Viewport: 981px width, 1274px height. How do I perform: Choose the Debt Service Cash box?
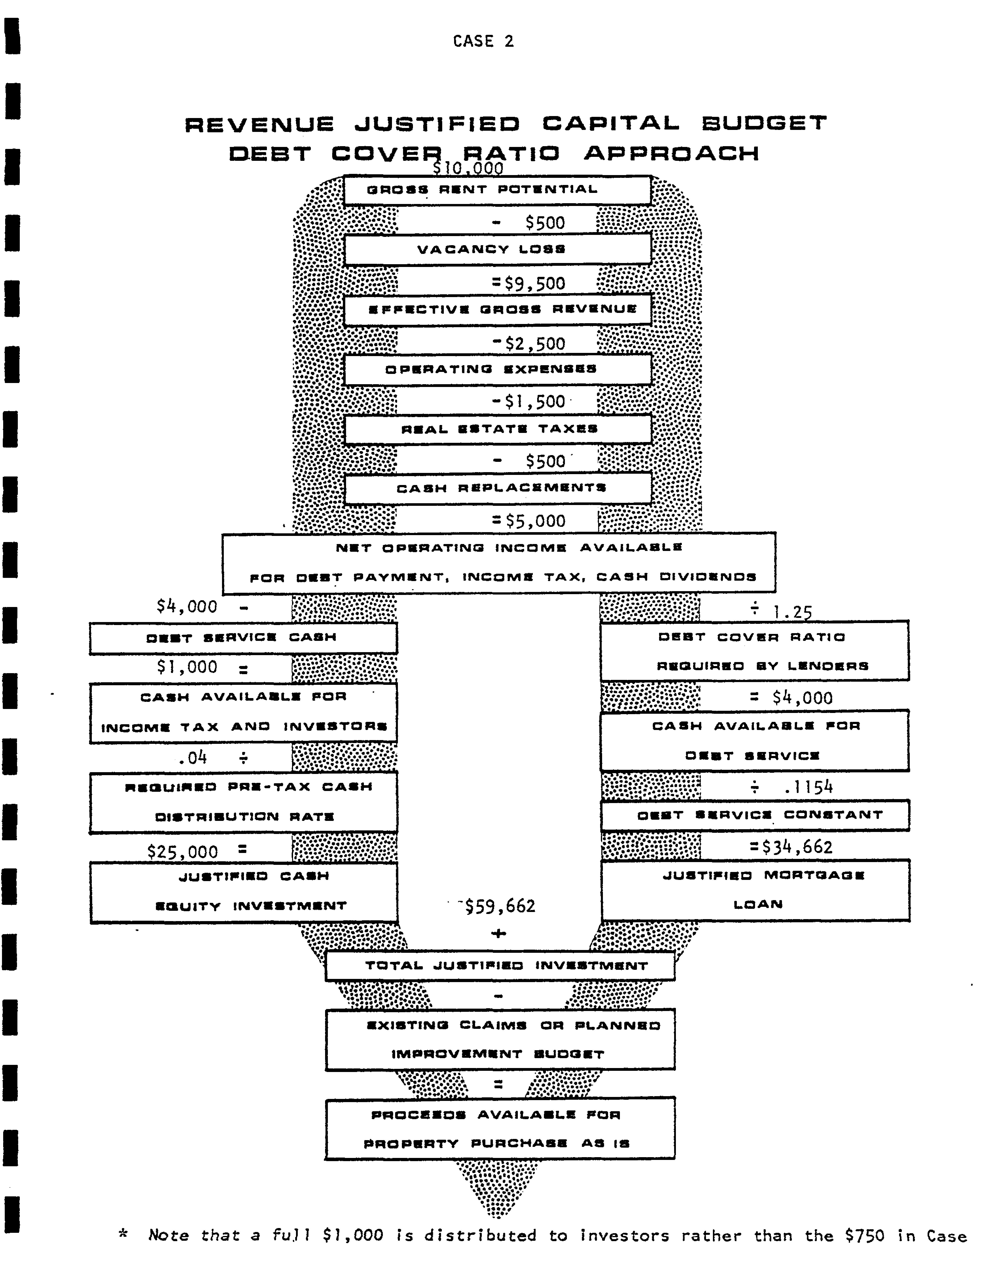point(243,637)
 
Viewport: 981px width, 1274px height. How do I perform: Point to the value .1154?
point(808,787)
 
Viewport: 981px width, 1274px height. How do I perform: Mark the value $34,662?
point(797,847)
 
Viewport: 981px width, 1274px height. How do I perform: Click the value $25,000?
point(182,852)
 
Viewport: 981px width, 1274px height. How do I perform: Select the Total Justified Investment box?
point(500,966)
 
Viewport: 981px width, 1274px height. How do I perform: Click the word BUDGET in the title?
point(764,123)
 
